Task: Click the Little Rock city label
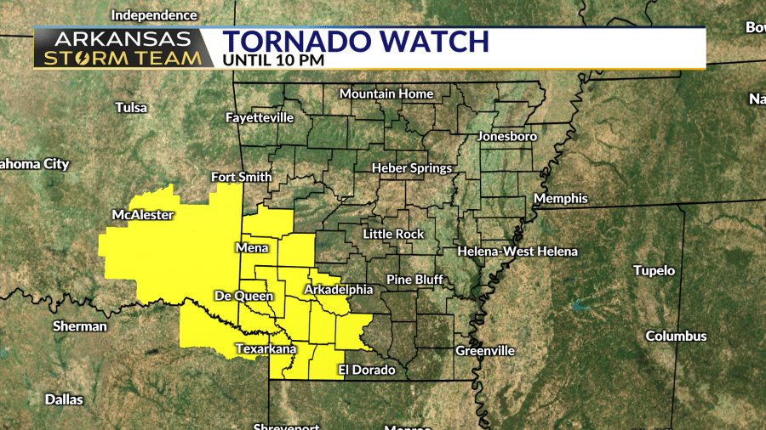point(392,234)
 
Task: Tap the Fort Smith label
point(242,177)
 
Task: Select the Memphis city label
point(560,198)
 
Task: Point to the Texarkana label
point(266,348)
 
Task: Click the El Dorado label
point(367,370)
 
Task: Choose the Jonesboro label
point(507,136)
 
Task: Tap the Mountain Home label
point(386,93)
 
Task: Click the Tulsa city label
point(131,108)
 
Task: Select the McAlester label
point(143,214)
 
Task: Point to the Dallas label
point(64,399)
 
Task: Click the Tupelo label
point(654,270)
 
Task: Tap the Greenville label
point(485,350)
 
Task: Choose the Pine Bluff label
point(413,280)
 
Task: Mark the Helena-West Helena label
point(517,252)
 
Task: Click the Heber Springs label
point(412,168)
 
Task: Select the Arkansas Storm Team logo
point(123,48)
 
